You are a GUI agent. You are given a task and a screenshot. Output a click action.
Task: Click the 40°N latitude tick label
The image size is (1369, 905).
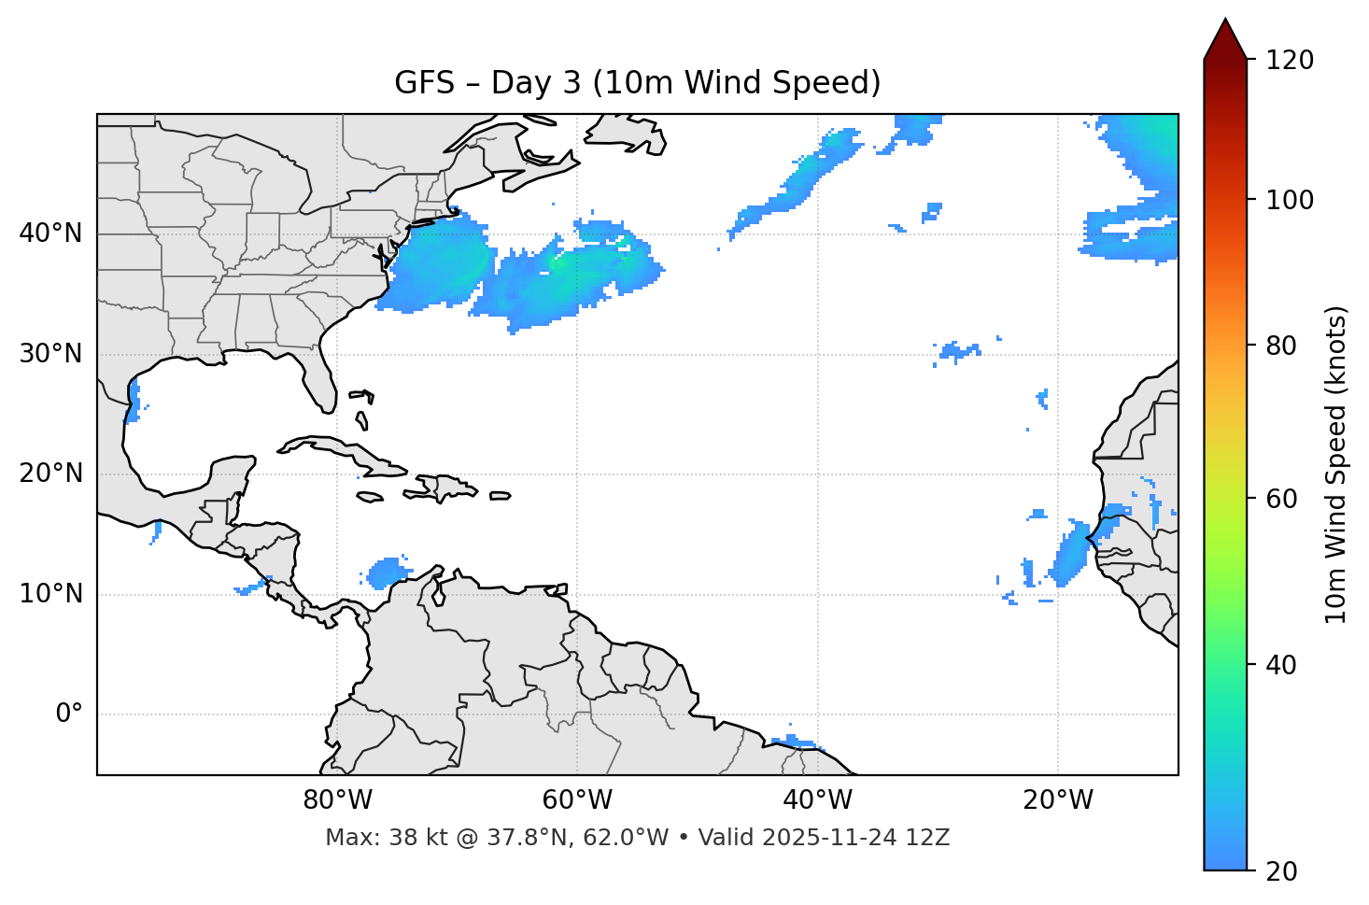50,233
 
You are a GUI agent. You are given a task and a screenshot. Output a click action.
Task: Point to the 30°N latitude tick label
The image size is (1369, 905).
50,354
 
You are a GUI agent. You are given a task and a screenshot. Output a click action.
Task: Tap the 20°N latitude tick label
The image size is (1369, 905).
50,474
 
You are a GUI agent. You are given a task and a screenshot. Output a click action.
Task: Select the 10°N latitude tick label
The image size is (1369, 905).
50,594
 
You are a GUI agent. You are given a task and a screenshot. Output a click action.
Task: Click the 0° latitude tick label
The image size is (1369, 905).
69,714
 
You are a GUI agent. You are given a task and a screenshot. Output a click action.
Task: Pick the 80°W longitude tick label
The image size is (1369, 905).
337,800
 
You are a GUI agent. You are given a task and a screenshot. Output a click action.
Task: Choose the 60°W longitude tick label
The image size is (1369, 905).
577,800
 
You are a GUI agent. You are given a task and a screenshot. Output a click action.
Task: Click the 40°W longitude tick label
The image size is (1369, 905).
817,800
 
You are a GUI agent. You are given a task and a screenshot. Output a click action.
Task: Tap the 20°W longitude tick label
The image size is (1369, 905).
1057,800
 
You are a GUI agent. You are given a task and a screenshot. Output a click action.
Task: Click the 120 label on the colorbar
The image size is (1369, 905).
1289,60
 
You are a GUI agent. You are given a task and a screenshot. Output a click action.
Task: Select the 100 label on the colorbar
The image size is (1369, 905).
1289,200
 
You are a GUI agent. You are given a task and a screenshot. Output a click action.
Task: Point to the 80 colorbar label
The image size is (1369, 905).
1282,346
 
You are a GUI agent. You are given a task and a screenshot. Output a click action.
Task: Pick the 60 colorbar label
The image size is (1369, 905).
1282,499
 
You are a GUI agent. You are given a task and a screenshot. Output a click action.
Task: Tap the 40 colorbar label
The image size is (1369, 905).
1282,665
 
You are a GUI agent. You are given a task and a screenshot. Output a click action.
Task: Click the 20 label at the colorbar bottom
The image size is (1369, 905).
1282,871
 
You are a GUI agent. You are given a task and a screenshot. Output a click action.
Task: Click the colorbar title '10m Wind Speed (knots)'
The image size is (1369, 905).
1336,464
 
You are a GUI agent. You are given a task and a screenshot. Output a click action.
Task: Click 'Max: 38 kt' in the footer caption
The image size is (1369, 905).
371,838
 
